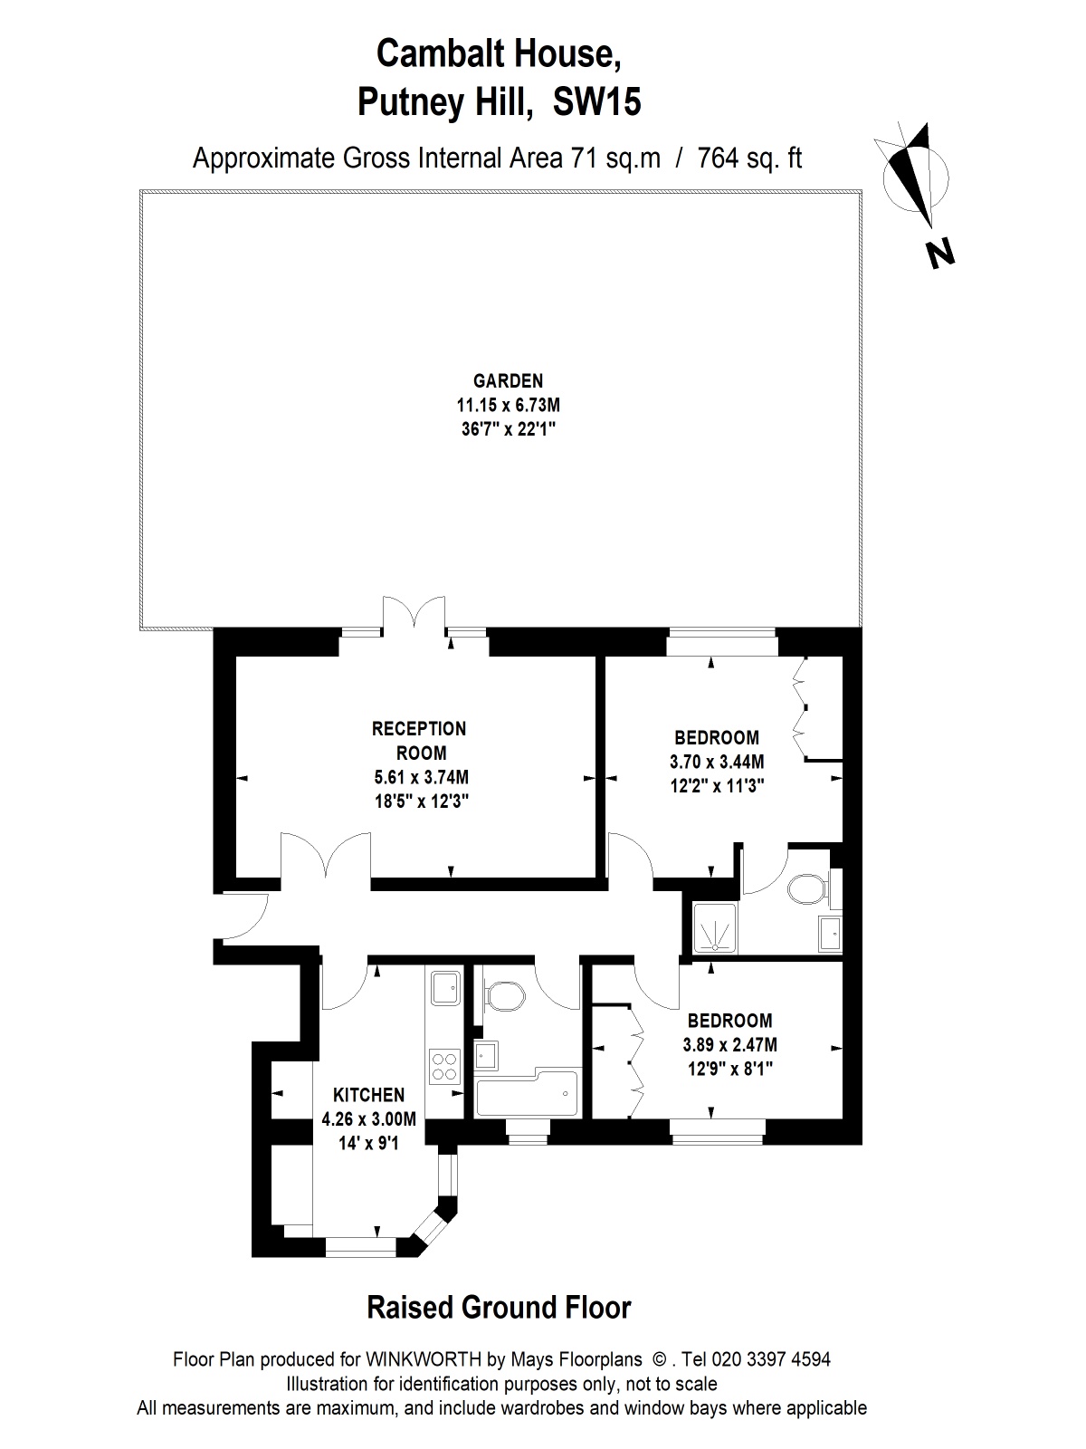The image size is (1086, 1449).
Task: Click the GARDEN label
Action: coord(508,381)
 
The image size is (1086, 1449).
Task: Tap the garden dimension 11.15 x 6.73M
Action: coord(509,405)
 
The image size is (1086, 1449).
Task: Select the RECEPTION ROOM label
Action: coord(419,741)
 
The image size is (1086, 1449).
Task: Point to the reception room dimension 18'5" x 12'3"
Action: coord(422,801)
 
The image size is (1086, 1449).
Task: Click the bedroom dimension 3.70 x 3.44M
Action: coord(717,762)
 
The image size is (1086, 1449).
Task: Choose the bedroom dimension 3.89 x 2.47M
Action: coord(730,1045)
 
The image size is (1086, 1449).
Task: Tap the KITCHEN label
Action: coord(368,1095)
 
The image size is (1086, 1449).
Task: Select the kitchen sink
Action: coord(446,987)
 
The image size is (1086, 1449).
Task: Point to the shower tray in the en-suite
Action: coord(715,927)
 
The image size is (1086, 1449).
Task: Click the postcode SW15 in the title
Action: coord(596,103)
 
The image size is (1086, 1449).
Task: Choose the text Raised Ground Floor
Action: coord(499,1308)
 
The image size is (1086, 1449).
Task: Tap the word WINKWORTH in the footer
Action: coord(424,1359)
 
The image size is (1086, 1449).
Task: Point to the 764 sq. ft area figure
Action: coord(749,158)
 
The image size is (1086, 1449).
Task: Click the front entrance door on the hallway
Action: coord(245,915)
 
